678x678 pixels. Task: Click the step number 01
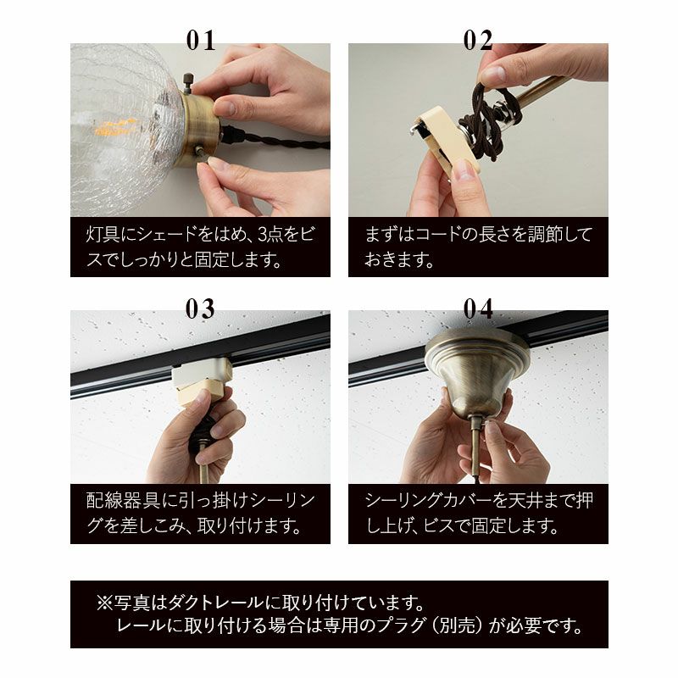tap(201, 41)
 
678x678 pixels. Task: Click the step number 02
tap(478, 41)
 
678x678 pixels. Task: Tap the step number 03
tap(200, 308)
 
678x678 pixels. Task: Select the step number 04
tap(478, 308)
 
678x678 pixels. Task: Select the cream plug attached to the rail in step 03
tap(202, 381)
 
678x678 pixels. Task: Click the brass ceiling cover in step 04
tap(477, 370)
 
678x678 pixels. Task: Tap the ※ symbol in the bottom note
tap(104, 603)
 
